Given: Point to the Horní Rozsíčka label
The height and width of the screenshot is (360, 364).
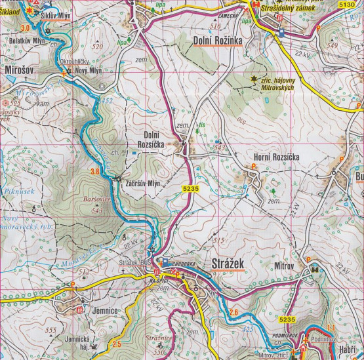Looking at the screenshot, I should pos(275,157).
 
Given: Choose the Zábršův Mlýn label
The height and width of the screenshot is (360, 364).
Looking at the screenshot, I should pos(142,184).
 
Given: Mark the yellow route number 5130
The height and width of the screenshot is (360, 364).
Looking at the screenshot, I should pos(348,5).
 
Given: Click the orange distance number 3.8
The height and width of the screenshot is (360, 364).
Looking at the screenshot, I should pos(94,172).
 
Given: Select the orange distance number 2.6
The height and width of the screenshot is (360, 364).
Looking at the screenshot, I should pos(234,312).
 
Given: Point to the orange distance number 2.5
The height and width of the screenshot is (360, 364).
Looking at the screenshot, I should pos(117,344).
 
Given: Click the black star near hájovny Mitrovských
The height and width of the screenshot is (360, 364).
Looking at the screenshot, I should pos(254,80).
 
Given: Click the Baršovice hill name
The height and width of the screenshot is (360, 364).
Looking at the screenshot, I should pos(96,202).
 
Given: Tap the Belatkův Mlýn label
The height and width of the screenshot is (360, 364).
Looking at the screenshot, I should pos(24,40).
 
